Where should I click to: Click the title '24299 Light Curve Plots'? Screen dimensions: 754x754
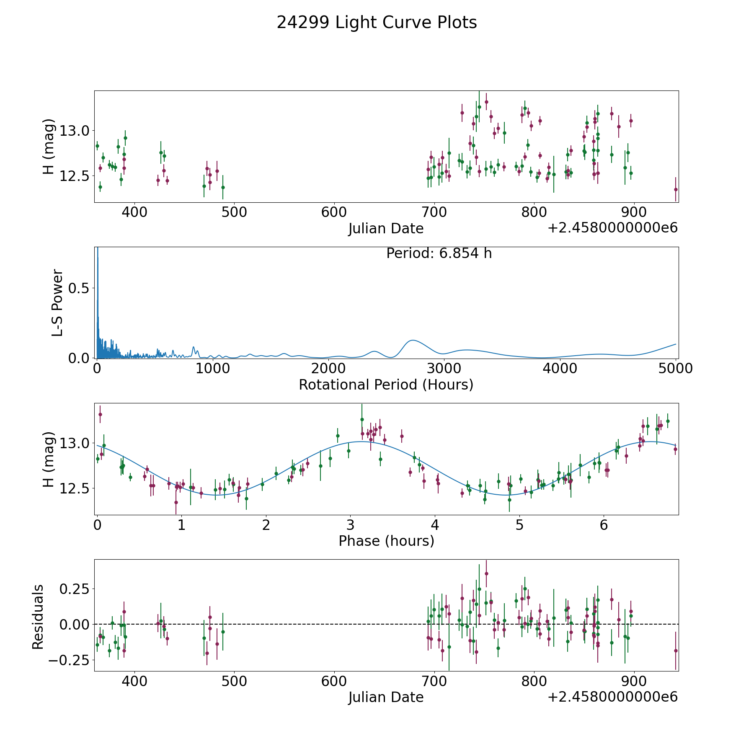click(x=377, y=23)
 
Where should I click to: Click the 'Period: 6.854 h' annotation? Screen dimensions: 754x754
click(x=439, y=253)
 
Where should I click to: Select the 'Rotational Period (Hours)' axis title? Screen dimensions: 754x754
click(x=386, y=385)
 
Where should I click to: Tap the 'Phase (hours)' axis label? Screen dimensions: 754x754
click(x=386, y=541)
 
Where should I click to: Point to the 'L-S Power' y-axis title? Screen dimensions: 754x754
click(x=57, y=302)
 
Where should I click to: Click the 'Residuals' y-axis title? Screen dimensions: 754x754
click(x=38, y=617)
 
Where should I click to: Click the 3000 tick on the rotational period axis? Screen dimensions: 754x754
click(x=444, y=368)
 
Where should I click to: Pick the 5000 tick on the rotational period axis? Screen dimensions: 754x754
click(x=675, y=368)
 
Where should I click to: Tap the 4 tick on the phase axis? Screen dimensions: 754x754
click(x=435, y=524)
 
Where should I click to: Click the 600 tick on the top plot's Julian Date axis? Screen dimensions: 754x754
click(x=334, y=212)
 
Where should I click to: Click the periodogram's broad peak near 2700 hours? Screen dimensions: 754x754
click(x=413, y=340)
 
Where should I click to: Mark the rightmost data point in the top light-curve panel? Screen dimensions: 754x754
click(x=675, y=189)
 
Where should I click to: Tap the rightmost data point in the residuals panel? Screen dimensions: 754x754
click(x=675, y=651)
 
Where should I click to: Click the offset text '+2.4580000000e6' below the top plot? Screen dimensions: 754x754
click(x=612, y=228)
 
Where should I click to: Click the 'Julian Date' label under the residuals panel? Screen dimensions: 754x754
click(x=386, y=697)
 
